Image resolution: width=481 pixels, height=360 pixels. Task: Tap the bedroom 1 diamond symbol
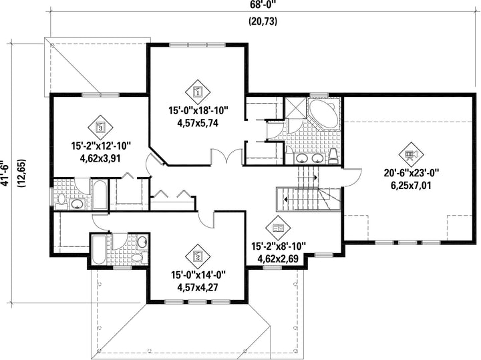[198, 91]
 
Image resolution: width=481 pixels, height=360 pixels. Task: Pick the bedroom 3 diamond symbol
[100, 126]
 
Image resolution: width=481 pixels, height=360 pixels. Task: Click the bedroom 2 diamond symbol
[198, 255]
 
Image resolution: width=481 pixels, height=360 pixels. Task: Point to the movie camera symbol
[411, 154]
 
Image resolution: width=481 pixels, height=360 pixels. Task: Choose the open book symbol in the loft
[278, 228]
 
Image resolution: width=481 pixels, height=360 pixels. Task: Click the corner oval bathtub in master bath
[323, 114]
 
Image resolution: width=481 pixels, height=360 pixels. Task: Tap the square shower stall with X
[295, 108]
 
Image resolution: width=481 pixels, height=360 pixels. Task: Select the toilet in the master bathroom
[333, 156]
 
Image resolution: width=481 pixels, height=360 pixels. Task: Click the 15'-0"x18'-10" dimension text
[198, 110]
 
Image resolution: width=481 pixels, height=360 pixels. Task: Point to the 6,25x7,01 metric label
[412, 186]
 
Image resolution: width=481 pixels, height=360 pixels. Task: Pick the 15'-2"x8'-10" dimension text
[279, 246]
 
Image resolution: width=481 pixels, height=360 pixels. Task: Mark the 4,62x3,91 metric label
[100, 158]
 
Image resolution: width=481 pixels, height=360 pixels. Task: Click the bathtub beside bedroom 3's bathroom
[100, 195]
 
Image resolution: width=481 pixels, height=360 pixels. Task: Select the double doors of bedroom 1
[227, 156]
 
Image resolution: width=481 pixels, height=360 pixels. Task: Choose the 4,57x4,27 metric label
[198, 288]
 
